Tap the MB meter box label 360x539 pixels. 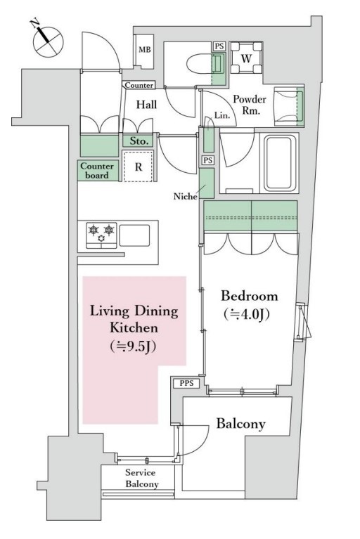[145, 49]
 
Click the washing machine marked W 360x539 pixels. [246, 58]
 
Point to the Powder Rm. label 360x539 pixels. [250, 105]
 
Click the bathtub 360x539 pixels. [280, 163]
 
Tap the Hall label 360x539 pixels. [146, 105]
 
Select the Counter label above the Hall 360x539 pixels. [139, 85]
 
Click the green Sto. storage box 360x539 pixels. [139, 141]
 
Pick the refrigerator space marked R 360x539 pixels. [139, 167]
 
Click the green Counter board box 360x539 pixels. [98, 171]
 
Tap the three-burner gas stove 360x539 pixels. [101, 235]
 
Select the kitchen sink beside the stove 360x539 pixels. [134, 235]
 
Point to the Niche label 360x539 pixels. [186, 196]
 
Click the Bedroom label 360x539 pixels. [250, 296]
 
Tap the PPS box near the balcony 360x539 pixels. [187, 383]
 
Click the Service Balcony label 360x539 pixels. [141, 478]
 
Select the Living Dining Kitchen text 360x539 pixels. [134, 319]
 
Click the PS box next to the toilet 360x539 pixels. [219, 46]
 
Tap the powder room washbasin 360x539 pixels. [289, 107]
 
